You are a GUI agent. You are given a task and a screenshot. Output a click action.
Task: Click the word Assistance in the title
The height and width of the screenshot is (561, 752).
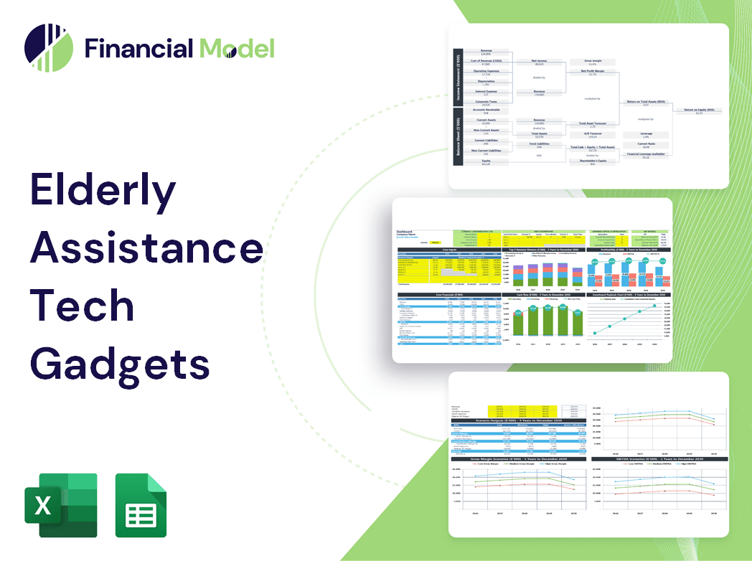pos(146,248)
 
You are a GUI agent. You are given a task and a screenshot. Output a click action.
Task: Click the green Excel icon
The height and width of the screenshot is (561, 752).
pos(61,505)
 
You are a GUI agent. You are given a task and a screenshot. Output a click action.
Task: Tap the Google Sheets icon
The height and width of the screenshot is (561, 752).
pos(141,505)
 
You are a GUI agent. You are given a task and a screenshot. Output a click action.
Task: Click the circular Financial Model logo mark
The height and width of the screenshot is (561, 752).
pos(48,48)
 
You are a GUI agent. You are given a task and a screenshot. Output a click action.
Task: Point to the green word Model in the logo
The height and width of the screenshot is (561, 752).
pos(237,49)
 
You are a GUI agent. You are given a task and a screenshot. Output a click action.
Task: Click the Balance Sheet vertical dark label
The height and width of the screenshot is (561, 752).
pos(457,141)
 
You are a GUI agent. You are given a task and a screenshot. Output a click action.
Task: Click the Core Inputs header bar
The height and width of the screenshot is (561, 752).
pos(450,250)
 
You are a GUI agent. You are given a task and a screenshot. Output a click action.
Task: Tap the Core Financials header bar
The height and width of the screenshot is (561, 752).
pos(450,295)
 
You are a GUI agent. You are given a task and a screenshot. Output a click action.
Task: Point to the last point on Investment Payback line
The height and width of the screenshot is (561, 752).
pos(654,306)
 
